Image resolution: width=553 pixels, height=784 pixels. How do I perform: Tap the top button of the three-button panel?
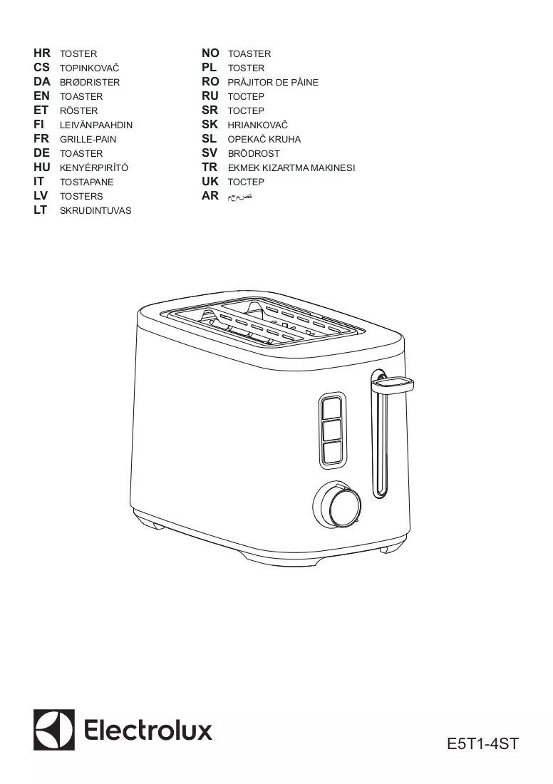click(x=332, y=407)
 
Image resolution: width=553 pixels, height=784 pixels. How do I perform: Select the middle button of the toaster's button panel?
click(x=332, y=430)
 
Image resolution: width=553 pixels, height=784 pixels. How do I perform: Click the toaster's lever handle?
click(x=393, y=384)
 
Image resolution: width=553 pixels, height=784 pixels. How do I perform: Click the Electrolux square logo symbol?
click(x=54, y=730)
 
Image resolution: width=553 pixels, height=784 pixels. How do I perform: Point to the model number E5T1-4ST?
click(x=483, y=743)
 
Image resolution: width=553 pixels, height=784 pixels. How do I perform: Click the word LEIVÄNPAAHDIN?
click(x=96, y=125)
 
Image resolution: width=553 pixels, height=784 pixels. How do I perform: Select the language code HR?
click(x=42, y=53)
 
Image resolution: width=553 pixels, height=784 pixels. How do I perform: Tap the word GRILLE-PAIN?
click(x=88, y=140)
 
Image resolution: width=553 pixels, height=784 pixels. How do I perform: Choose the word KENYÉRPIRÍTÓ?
click(x=94, y=168)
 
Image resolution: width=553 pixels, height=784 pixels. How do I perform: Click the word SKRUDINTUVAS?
click(x=95, y=211)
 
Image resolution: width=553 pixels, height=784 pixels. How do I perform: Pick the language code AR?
click(x=210, y=196)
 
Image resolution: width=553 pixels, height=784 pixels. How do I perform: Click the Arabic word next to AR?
click(x=240, y=197)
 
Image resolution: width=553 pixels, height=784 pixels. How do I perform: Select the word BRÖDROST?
click(x=254, y=153)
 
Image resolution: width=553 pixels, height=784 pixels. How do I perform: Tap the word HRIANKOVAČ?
click(x=257, y=125)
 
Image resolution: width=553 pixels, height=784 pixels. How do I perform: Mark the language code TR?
click(x=210, y=167)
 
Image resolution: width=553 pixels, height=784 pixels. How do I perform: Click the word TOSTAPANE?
click(x=86, y=182)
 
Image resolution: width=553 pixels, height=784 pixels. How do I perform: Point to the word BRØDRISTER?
click(x=90, y=83)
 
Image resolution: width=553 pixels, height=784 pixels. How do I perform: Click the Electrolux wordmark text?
click(x=148, y=731)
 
